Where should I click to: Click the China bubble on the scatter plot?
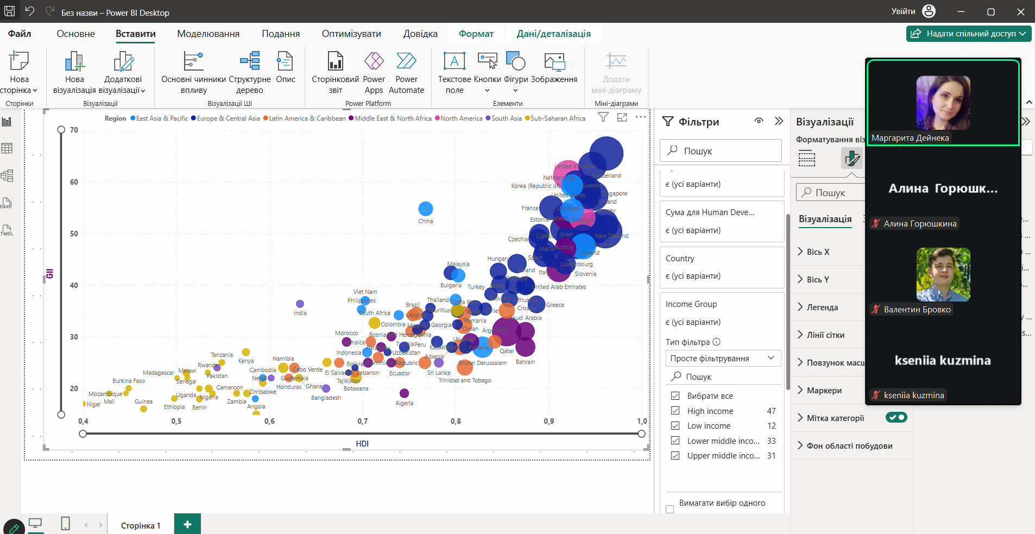425,209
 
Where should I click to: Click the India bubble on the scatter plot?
300,304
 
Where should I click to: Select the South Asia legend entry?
506,118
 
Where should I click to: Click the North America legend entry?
461,118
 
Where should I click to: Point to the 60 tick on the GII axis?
74,182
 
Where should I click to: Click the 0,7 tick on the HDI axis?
362,421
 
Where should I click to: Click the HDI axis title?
362,444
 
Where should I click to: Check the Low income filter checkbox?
676,426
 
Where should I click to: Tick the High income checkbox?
676,411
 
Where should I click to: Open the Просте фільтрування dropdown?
723,359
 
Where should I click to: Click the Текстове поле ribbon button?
455,73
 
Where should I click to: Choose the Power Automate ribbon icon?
406,73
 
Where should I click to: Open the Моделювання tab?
208,34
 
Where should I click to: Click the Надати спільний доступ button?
969,34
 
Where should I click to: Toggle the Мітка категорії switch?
896,417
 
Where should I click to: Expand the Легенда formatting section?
822,307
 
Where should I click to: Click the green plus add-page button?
187,524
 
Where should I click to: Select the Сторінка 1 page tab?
141,525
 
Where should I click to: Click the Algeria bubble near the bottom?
404,393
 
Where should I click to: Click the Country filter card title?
680,259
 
